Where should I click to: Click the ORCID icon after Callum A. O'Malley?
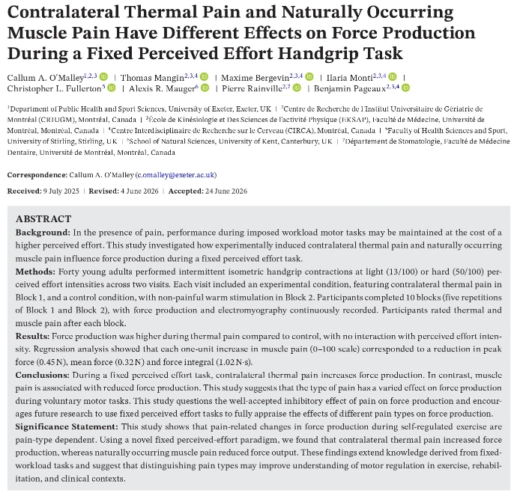tap(103, 77)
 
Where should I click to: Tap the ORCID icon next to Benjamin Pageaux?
tap(405, 88)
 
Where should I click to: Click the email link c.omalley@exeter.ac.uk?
tap(176, 175)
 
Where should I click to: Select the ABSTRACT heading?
tap(43, 219)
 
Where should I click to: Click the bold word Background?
tap(43, 233)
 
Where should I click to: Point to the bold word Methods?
tap(35, 272)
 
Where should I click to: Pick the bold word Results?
tap(32, 336)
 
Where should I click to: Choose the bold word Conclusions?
tap(43, 375)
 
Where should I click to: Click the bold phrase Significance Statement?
tap(67, 426)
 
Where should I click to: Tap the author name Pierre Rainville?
tap(252, 88)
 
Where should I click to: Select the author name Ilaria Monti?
tap(349, 78)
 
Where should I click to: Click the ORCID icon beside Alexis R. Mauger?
tap(205, 88)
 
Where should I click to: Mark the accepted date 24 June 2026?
tap(226, 192)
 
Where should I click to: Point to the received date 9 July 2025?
tap(61, 192)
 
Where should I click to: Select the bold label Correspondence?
tap(37, 175)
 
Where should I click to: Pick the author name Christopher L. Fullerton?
tap(54, 88)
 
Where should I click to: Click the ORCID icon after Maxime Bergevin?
tap(309, 77)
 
